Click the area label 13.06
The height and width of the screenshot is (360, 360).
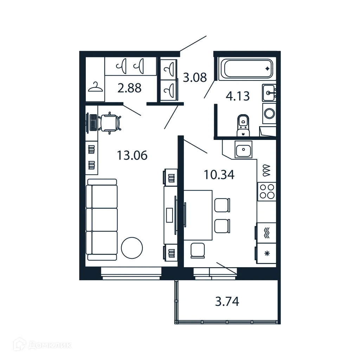click(x=132, y=155)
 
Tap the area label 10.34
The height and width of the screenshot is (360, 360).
click(x=219, y=174)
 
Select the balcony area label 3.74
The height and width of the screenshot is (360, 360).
click(x=227, y=301)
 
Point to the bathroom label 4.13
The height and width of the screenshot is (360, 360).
click(x=238, y=96)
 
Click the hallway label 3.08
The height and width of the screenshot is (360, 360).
click(x=195, y=77)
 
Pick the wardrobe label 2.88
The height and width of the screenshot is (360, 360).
click(x=129, y=88)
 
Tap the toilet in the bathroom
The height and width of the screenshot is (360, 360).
click(x=243, y=125)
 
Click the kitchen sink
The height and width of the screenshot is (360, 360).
click(x=244, y=150)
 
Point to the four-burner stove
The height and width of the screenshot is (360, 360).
click(x=266, y=191)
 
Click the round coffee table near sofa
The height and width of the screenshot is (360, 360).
click(x=132, y=248)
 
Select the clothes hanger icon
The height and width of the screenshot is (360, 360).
click(x=95, y=87)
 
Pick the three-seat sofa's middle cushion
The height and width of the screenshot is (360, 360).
click(x=102, y=219)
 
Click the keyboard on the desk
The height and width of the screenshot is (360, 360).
click(x=93, y=123)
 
